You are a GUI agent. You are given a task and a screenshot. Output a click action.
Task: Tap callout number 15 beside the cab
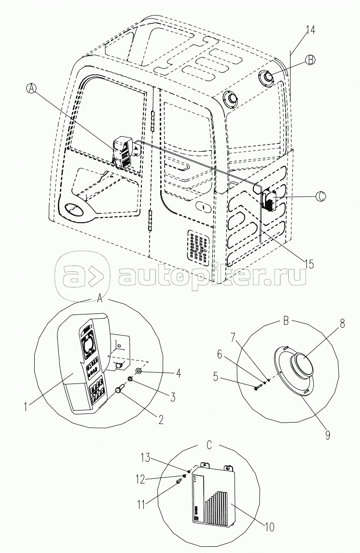(x=309, y=264)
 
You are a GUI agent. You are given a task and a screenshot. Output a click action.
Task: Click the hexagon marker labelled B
(x=310, y=60)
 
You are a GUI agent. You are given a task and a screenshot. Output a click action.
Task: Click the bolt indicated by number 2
(x=120, y=389)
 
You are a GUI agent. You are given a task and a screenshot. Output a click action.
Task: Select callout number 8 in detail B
(x=342, y=324)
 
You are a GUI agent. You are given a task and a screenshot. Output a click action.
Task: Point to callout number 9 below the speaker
(x=328, y=435)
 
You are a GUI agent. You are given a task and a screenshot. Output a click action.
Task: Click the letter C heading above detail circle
(x=208, y=445)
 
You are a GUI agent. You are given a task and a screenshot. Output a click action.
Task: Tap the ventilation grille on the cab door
(x=198, y=246)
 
